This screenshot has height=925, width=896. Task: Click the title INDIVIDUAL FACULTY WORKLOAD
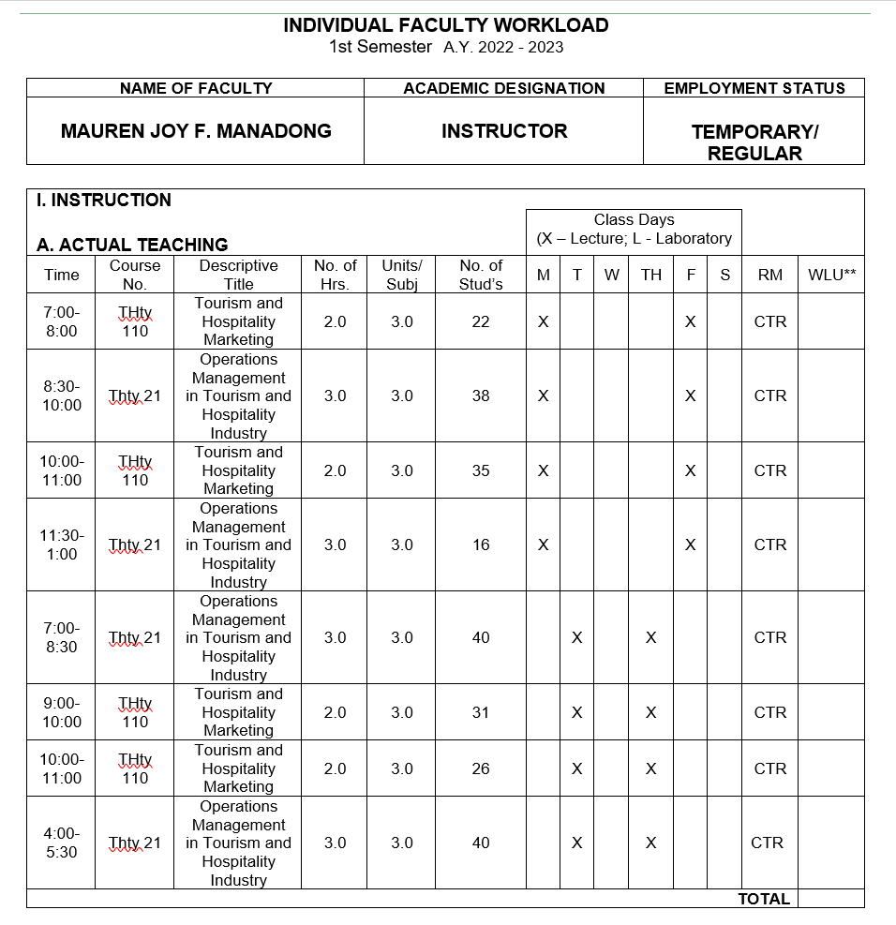pos(446,25)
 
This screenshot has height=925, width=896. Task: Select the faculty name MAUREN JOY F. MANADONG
pos(196,131)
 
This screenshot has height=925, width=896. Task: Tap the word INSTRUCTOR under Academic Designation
pos(504,131)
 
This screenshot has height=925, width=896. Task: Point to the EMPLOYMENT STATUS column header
pos(754,88)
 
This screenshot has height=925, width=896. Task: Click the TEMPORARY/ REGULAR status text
pos(754,143)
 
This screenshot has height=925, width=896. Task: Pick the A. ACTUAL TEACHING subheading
pos(132,245)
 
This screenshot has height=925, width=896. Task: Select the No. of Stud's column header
pos(481,275)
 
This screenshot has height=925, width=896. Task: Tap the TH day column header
pos(651,275)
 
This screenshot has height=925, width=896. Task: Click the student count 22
pos(481,321)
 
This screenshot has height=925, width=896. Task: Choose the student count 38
pos(481,395)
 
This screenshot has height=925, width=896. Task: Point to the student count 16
pos(481,545)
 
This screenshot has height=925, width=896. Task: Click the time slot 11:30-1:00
pos(62,545)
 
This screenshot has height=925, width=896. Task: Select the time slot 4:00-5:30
pos(62,843)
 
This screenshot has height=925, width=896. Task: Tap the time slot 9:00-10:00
pos(62,712)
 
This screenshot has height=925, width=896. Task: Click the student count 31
pos(481,712)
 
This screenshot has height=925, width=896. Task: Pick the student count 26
pos(481,768)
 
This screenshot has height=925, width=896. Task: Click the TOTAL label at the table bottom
pos(764,899)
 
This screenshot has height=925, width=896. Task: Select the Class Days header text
pos(634,220)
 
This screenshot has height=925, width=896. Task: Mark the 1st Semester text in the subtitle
pos(381,47)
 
